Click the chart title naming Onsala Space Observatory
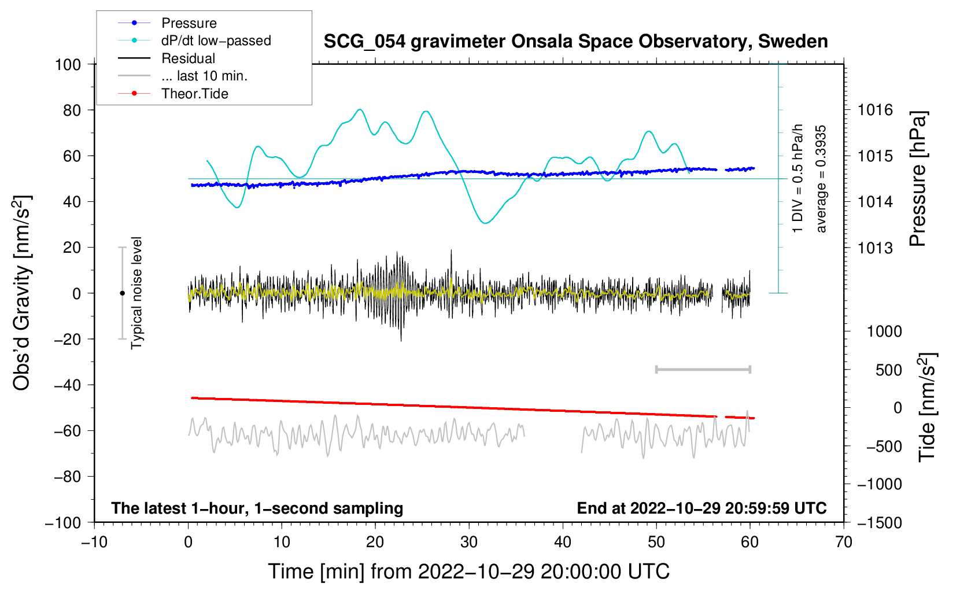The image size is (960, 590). pyautogui.click(x=575, y=42)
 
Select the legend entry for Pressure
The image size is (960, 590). pyautogui.click(x=189, y=23)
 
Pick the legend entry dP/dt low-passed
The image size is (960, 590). pyautogui.click(x=216, y=40)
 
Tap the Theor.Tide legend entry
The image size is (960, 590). pyautogui.click(x=194, y=94)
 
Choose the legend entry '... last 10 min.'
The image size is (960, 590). pyautogui.click(x=204, y=76)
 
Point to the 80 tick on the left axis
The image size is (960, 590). pyautogui.click(x=72, y=110)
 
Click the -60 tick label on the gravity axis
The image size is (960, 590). pyautogui.click(x=67, y=430)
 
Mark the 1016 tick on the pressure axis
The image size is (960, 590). pyautogui.click(x=875, y=110)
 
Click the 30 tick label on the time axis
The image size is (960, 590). pyautogui.click(x=469, y=542)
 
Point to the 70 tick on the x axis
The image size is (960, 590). pyautogui.click(x=843, y=542)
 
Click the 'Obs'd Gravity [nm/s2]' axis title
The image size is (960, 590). pyautogui.click(x=21, y=293)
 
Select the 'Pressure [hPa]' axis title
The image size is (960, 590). pyautogui.click(x=918, y=179)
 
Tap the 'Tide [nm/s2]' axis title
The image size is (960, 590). pyautogui.click(x=927, y=407)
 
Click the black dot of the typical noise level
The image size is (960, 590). pyautogui.click(x=122, y=293)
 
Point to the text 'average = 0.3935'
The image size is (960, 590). pyautogui.click(x=820, y=179)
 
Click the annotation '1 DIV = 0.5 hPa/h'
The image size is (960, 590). pyautogui.click(x=797, y=179)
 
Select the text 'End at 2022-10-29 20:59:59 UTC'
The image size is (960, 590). pyautogui.click(x=701, y=508)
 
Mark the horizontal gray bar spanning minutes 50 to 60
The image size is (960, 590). pyautogui.click(x=703, y=369)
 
